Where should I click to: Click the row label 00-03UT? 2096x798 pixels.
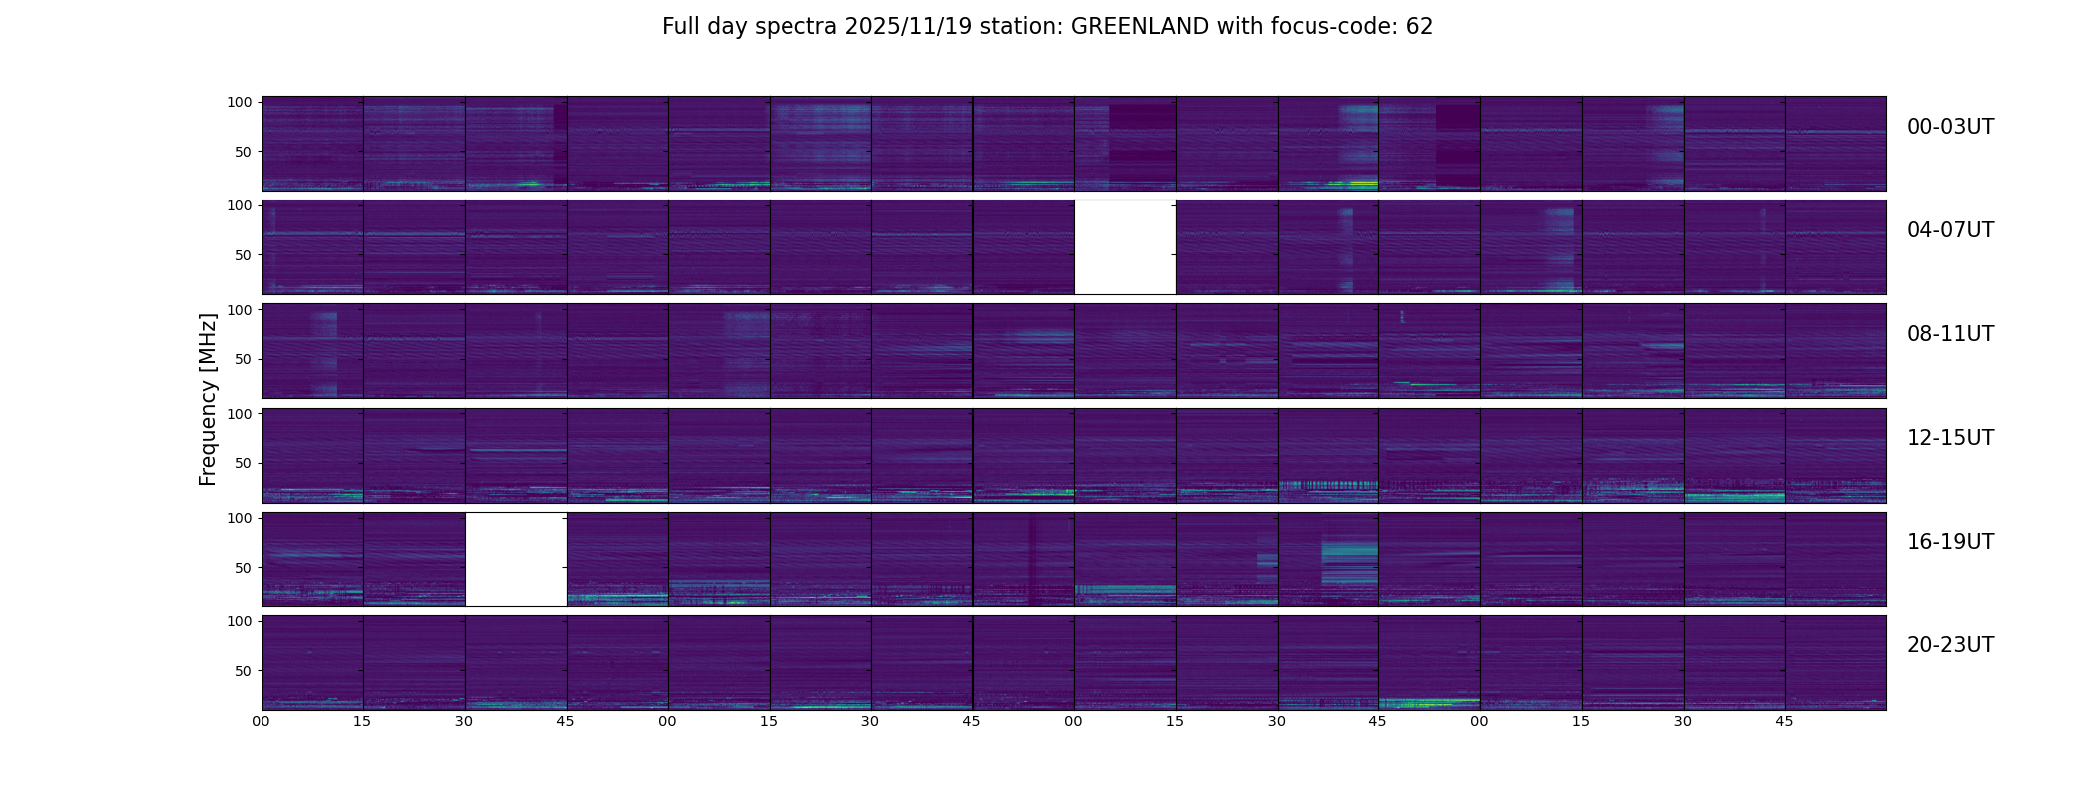pyautogui.click(x=1950, y=127)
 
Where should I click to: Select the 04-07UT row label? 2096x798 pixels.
pyautogui.click(x=1950, y=230)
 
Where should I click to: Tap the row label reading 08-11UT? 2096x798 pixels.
pyautogui.click(x=1950, y=334)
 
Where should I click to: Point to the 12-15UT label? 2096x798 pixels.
pyautogui.click(x=1950, y=438)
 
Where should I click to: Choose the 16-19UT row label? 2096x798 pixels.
pyautogui.click(x=1950, y=542)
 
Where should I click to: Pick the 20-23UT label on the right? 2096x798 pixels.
pyautogui.click(x=1950, y=645)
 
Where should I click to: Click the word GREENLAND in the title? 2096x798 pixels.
pyautogui.click(x=1139, y=27)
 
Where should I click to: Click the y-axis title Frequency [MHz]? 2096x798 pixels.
pyautogui.click(x=208, y=399)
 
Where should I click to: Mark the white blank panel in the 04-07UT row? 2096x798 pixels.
pyautogui.click(x=1125, y=247)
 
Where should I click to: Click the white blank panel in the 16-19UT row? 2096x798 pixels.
pyautogui.click(x=516, y=560)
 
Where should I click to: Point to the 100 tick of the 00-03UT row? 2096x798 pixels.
pyautogui.click(x=240, y=102)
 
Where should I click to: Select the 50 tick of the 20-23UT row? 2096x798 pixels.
pyautogui.click(x=244, y=671)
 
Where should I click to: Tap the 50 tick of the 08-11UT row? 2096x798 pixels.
pyautogui.click(x=244, y=359)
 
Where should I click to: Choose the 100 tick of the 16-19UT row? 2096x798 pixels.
pyautogui.click(x=240, y=518)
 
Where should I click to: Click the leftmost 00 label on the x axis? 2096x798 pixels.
pyautogui.click(x=262, y=721)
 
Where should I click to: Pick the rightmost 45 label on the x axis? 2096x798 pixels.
pyautogui.click(x=1784, y=721)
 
